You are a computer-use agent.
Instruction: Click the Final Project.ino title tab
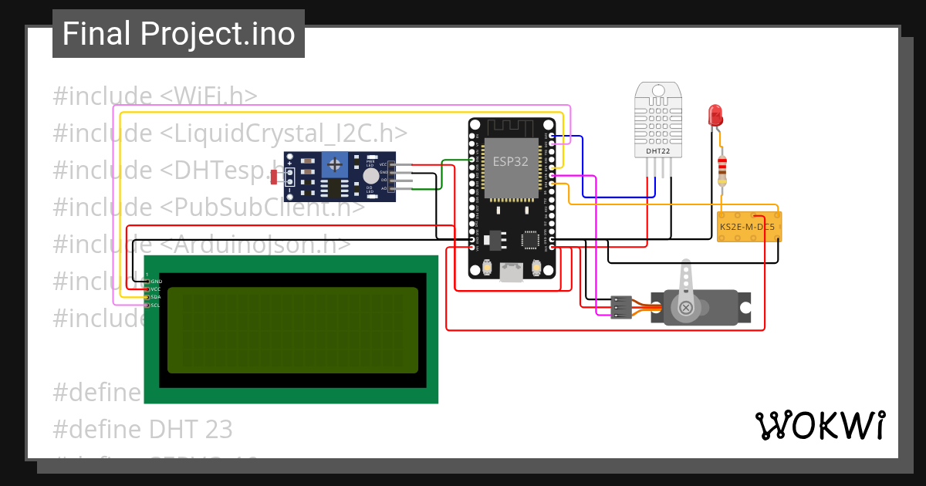pos(178,34)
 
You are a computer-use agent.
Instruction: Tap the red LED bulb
pos(715,116)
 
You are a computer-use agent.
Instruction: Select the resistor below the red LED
pos(722,169)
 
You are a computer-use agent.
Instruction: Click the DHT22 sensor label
pos(658,151)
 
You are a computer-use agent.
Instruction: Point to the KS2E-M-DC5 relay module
pos(749,227)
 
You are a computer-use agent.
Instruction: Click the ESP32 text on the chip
pos(511,161)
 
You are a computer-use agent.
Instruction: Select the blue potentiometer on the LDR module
pos(334,163)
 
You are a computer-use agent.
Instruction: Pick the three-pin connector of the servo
pos(620,307)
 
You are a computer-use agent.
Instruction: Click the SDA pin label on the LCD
pos(155,297)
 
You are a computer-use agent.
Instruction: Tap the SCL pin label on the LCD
pos(155,305)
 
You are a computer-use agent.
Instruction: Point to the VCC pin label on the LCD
pos(155,289)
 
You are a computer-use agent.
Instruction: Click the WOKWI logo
pos(820,425)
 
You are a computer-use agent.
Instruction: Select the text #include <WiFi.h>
pos(154,96)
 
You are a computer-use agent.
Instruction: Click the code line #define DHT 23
pos(143,428)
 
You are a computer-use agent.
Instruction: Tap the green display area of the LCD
pos(292,330)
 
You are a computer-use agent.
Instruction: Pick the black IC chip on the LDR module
pos(334,187)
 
